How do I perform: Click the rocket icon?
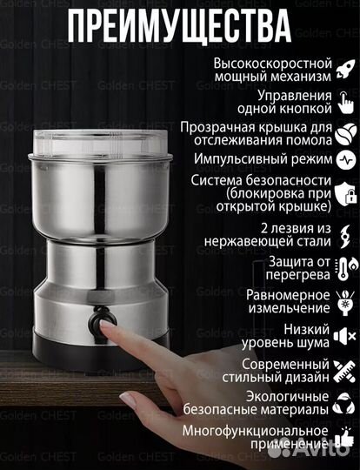pyautogui.click(x=345, y=71)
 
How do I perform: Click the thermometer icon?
pyautogui.click(x=345, y=267)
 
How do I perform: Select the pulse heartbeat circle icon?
pyautogui.click(x=345, y=160)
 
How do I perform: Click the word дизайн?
pyautogui.click(x=305, y=378)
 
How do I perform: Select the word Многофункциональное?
pyautogui.click(x=256, y=430)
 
